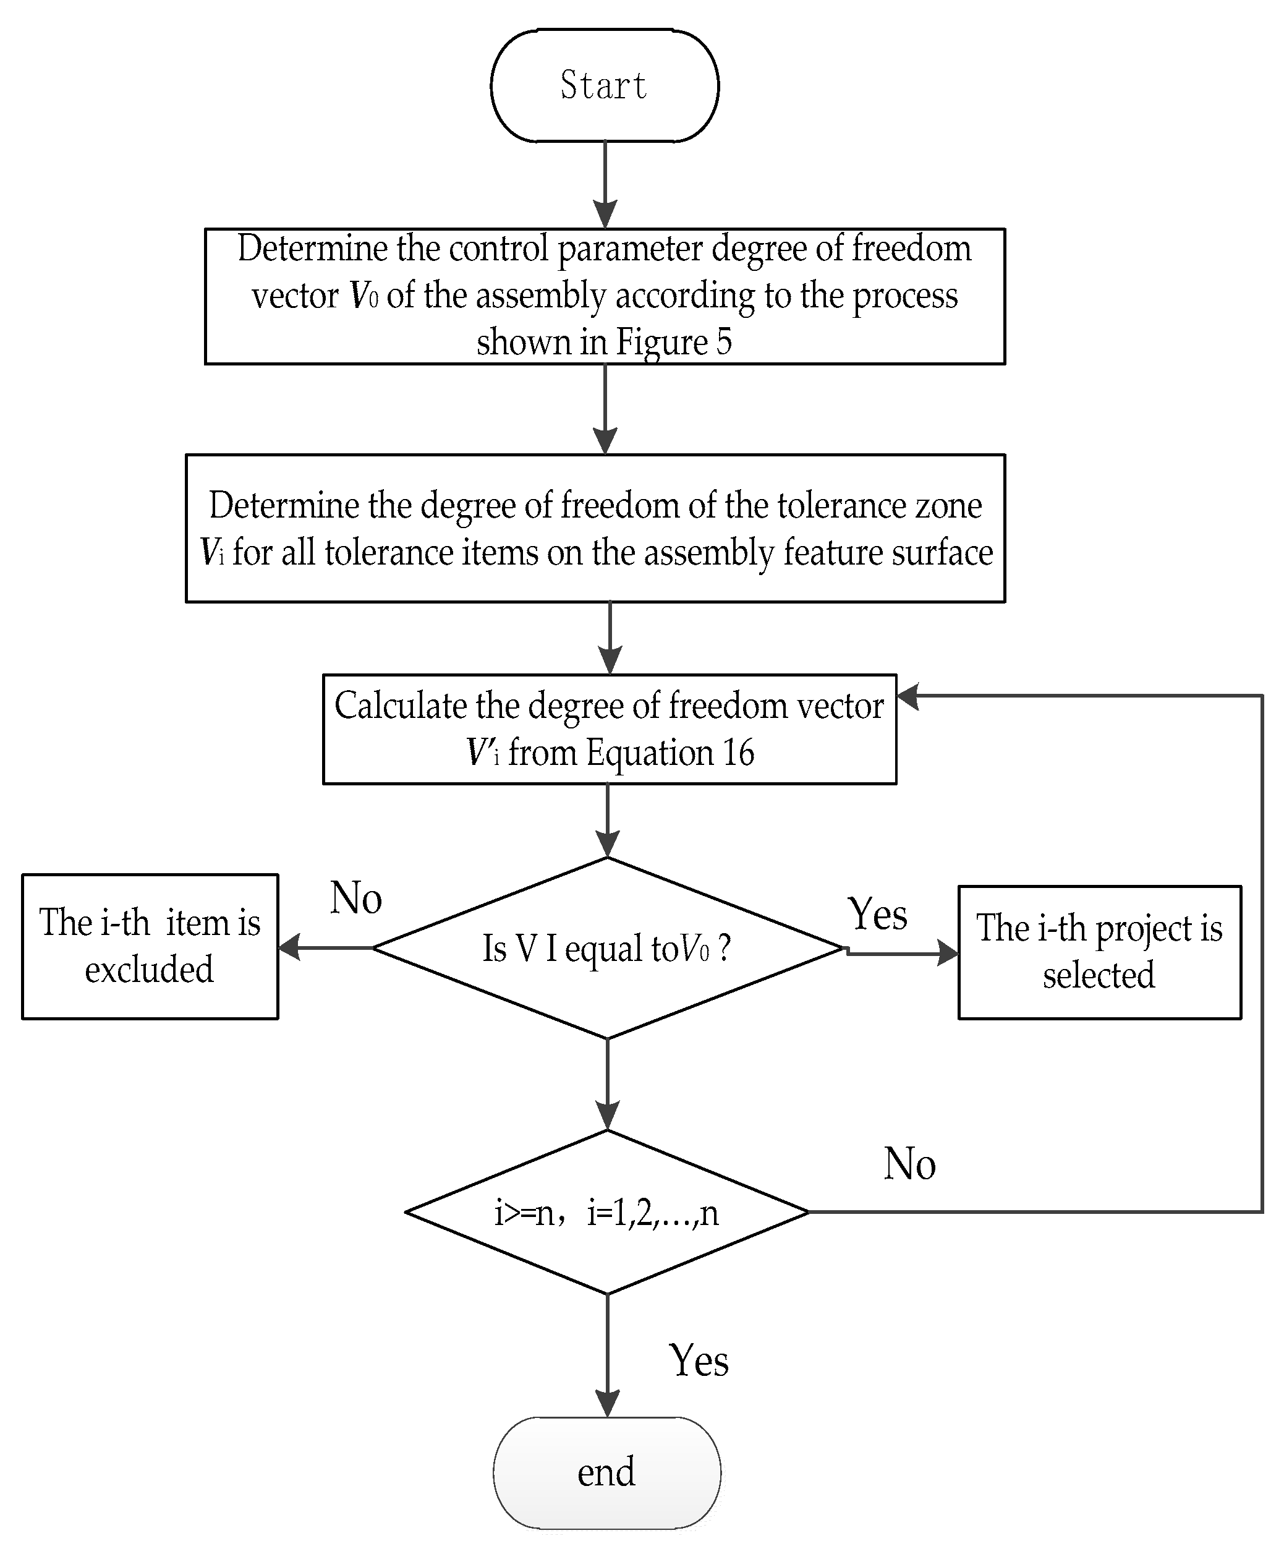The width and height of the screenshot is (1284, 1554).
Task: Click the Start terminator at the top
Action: (604, 86)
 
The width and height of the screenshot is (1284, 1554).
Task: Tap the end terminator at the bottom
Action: (606, 1472)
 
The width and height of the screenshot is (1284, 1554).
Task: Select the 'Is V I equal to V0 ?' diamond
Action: (606, 948)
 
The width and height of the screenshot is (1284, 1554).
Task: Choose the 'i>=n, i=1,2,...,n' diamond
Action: (606, 1212)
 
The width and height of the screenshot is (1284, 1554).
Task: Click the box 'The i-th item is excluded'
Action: (150, 947)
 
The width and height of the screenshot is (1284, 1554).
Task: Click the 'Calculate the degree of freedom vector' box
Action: (610, 728)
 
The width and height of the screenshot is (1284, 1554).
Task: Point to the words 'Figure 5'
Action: (674, 343)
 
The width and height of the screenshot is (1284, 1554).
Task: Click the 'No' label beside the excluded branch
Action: (355, 898)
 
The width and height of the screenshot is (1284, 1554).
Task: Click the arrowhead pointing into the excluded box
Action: (289, 947)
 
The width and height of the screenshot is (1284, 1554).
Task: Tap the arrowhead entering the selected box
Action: (948, 953)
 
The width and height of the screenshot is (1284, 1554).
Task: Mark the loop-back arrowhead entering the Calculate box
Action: (908, 696)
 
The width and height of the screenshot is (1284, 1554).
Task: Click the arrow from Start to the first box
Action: (605, 185)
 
